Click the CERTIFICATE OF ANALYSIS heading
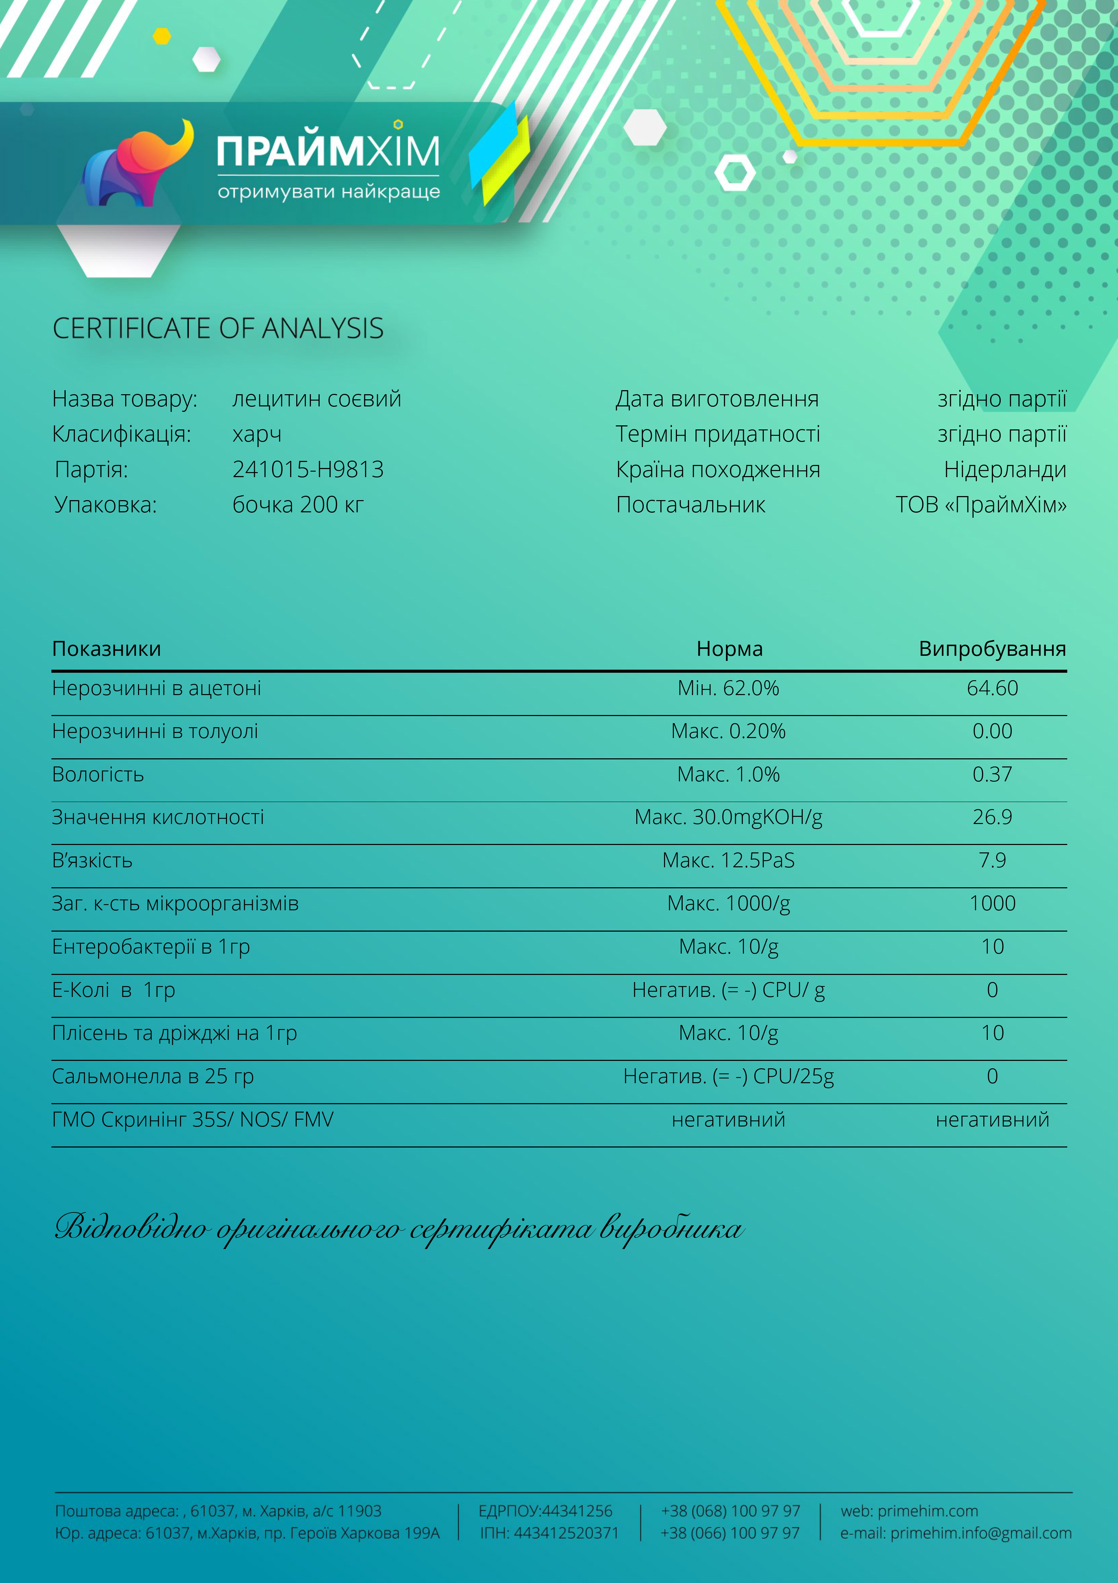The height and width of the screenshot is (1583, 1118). tap(218, 328)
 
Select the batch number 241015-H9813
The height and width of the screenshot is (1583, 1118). tap(307, 470)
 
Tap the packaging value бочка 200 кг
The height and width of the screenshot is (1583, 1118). tap(298, 505)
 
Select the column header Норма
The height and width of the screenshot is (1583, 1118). tap(729, 649)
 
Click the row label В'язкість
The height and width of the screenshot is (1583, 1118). tap(92, 861)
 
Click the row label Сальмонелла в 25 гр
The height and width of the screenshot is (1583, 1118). tap(153, 1076)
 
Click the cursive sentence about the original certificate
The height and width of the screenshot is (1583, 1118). tap(398, 1229)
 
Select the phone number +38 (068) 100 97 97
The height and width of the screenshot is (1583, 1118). tap(731, 1511)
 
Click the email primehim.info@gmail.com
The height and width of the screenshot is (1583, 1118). tap(980, 1533)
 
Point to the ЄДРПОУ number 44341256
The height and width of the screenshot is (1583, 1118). tap(577, 1511)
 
